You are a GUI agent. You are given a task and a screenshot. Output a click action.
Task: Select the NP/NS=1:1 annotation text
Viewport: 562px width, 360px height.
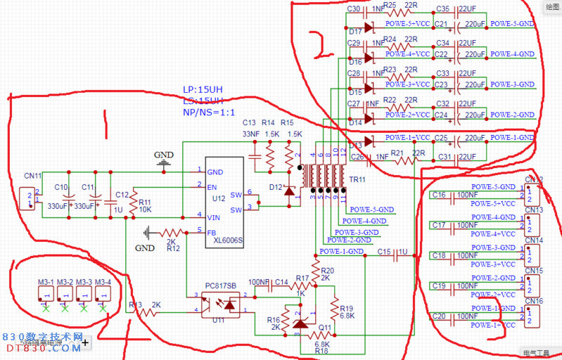(x=208, y=112)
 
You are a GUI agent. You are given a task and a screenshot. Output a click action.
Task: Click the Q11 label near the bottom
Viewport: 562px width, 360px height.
(x=324, y=328)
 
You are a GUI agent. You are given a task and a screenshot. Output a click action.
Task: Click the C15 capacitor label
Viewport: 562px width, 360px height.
(x=384, y=252)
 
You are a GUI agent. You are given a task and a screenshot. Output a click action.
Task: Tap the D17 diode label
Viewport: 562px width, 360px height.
(x=355, y=31)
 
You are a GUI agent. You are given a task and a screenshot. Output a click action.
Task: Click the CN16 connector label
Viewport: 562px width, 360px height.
(x=534, y=301)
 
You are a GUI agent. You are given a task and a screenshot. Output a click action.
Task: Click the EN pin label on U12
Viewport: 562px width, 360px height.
(x=212, y=186)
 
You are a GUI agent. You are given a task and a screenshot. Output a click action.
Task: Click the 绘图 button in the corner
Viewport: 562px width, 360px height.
(x=552, y=6)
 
